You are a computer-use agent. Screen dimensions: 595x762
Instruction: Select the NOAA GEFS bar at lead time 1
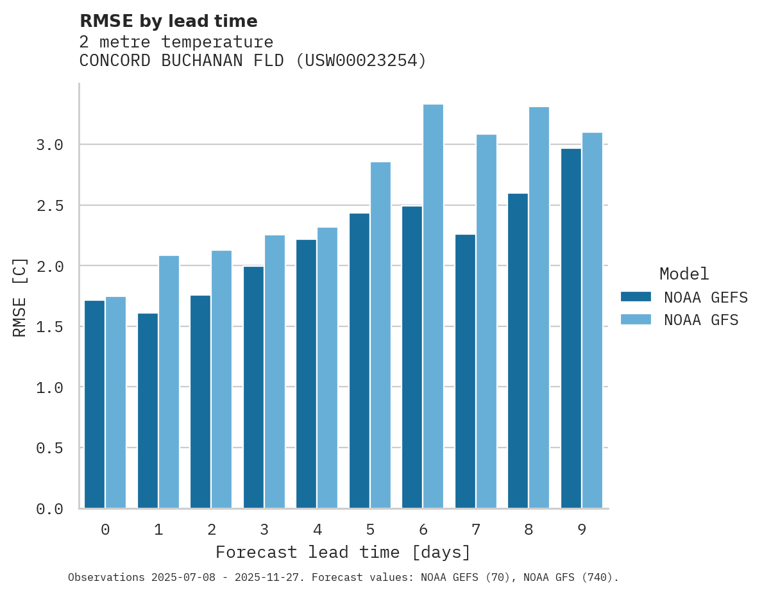coord(148,410)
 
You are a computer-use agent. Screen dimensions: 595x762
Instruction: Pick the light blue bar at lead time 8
coord(539,307)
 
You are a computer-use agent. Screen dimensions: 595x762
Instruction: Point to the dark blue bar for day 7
coord(465,371)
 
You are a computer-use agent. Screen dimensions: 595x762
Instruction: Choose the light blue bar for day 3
coord(275,371)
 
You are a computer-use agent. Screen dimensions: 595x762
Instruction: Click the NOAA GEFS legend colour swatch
coord(636,297)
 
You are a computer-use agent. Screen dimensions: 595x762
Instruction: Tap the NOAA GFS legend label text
coord(701,320)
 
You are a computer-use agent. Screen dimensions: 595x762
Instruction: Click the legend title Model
coord(684,274)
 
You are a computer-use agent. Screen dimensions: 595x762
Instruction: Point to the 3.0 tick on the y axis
coord(49,145)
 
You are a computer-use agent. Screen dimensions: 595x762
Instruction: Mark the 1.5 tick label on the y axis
coord(49,327)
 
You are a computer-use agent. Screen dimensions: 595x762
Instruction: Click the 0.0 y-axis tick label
coord(49,509)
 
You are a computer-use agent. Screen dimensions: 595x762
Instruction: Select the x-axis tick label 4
coord(317,530)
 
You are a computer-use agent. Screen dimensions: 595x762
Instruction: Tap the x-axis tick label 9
coord(581,530)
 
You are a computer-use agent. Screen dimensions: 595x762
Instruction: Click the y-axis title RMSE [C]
coord(20,297)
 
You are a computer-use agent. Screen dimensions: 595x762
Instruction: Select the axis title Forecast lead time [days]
coord(343,552)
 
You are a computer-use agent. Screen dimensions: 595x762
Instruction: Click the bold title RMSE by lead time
coord(168,21)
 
